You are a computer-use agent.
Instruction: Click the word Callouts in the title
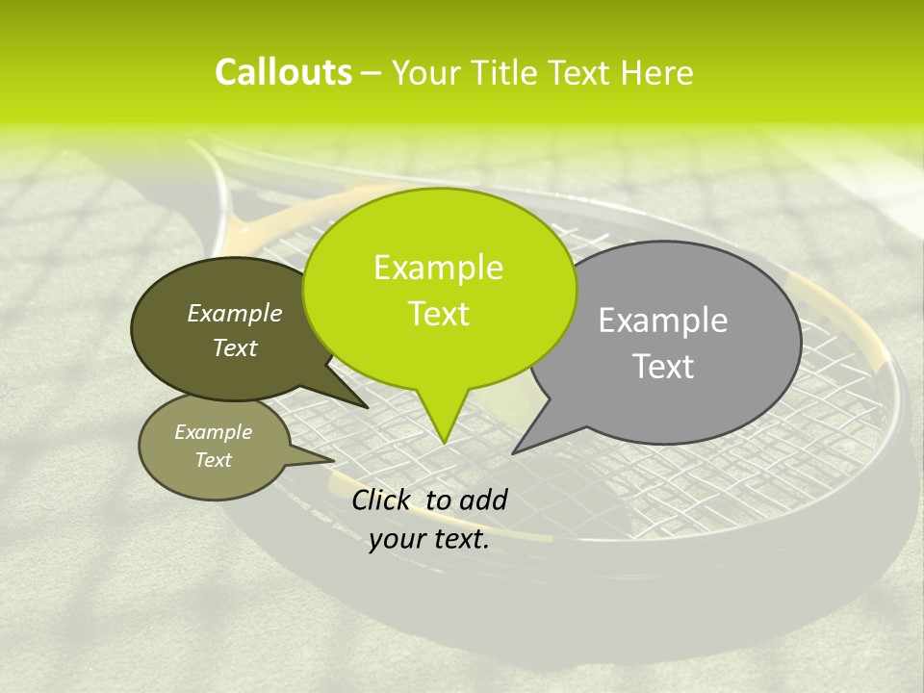coord(283,73)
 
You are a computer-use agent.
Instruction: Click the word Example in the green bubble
coord(438,268)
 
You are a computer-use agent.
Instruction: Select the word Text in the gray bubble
coord(663,367)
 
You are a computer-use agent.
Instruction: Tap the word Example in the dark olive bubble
coord(235,313)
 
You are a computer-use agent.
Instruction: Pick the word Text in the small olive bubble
coord(214,460)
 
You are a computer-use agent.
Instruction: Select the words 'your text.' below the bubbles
coord(429,540)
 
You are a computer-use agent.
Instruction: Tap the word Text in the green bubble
coord(439,314)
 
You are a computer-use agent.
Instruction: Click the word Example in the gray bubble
coord(663,321)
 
